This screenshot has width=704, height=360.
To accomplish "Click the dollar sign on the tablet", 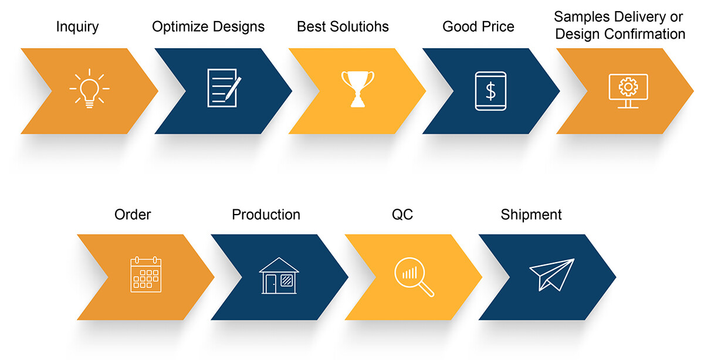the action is click(x=490, y=91).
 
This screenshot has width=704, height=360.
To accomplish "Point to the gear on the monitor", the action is click(x=628, y=86).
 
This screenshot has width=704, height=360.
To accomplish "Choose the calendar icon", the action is click(x=146, y=274).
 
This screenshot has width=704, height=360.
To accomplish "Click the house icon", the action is click(x=279, y=276).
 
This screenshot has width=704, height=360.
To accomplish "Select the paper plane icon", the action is click(x=552, y=274).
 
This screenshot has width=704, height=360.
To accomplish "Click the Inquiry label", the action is click(x=77, y=27).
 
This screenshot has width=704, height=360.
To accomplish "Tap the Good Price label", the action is click(x=478, y=26).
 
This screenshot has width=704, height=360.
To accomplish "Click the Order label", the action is click(x=133, y=215).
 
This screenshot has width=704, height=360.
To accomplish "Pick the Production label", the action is click(x=266, y=215).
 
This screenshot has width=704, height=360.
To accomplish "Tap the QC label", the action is click(x=402, y=215).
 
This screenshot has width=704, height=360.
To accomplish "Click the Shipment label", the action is click(x=531, y=215).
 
